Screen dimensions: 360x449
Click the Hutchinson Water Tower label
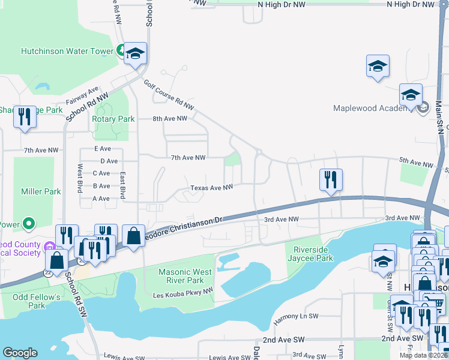[67, 51]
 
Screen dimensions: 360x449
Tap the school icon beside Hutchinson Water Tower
[136, 54]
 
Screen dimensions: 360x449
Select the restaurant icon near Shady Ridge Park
[25, 116]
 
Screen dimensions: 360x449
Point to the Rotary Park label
[113, 119]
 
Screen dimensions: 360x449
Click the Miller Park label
[41, 191]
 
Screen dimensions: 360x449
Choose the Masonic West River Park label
[185, 276]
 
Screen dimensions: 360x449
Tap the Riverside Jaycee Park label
[313, 254]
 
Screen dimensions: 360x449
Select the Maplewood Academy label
[372, 108]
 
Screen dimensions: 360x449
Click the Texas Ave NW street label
[211, 188]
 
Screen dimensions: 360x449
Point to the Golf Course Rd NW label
[169, 96]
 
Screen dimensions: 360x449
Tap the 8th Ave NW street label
[170, 119]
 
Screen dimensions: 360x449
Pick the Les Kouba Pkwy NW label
[182, 291]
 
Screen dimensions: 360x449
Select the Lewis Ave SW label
[124, 356]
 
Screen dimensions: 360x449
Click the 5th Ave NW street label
[416, 164]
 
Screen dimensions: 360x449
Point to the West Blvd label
[79, 178]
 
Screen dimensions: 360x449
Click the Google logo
[20, 353]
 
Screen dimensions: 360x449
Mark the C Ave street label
[101, 173]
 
